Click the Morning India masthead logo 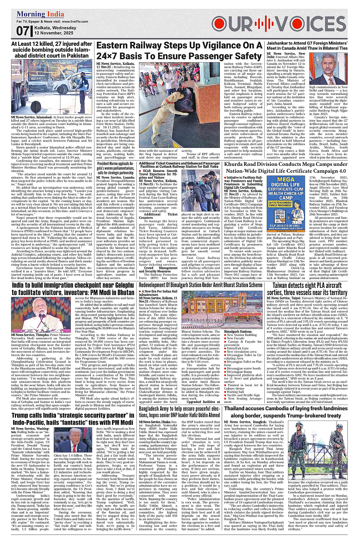tap(40, 14)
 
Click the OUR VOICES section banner tap(279, 24)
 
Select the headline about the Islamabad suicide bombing tap(52, 50)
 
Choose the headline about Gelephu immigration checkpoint tap(73, 289)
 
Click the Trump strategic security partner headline tap(73, 419)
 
